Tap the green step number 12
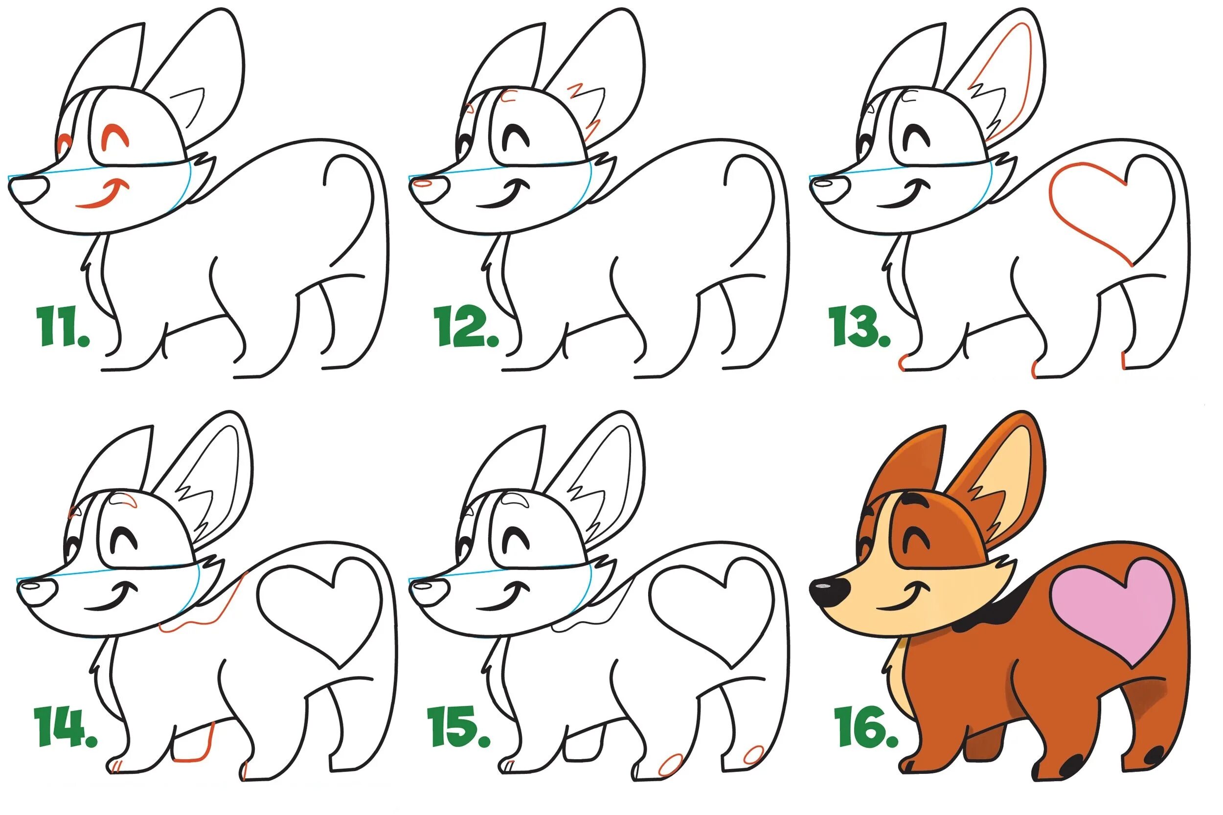tap(466, 326)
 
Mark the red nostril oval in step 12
tap(423, 183)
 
